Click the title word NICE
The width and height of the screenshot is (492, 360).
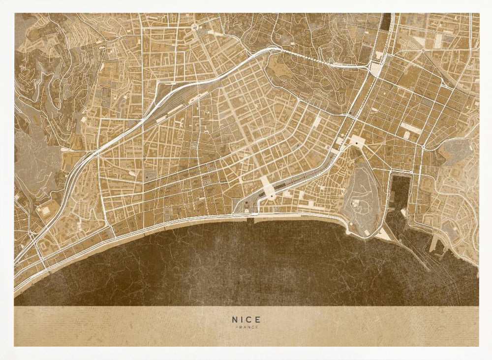pos(246,319)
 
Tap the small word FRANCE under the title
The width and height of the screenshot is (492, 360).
pos(246,327)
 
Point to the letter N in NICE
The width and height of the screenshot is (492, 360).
pos(235,319)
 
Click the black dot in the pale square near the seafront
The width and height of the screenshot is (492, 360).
pos(271,196)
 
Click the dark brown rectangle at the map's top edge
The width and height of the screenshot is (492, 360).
pos(386,21)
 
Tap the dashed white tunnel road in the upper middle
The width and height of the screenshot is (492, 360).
pos(315,58)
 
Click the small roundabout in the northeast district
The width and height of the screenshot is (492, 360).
pos(423,50)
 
